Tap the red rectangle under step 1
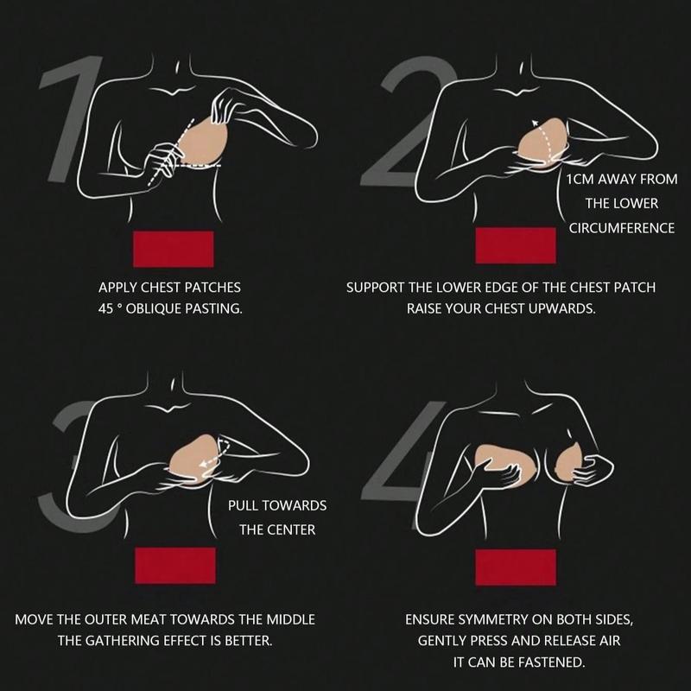174,249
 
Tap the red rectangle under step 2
516,245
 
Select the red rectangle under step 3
175,566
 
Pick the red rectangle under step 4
516,567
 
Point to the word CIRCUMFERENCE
621,228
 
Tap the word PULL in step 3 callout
243,505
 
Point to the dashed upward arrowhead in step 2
535,123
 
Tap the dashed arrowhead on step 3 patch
203,464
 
